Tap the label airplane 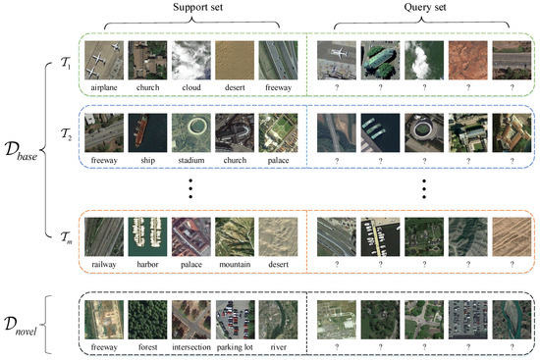click(x=104, y=86)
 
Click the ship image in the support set click(x=148, y=134)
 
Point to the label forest click(x=148, y=345)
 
